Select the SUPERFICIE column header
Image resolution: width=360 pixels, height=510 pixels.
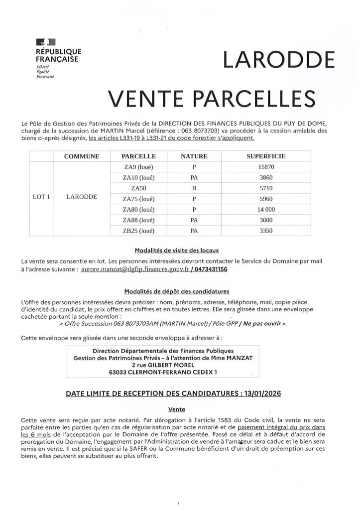tap(266, 156)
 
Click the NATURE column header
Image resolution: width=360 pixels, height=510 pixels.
tap(194, 156)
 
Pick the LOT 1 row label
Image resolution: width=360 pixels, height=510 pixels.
tap(41, 197)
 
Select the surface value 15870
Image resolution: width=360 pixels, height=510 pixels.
tap(267, 167)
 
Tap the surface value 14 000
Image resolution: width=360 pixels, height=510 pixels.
tap(267, 210)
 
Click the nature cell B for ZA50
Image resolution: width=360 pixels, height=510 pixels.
tap(194, 189)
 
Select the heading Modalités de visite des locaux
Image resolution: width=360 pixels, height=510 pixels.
tap(177, 250)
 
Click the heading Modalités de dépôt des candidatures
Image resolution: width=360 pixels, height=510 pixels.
tap(177, 291)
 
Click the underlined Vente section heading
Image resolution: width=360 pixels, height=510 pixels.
tap(177, 409)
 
